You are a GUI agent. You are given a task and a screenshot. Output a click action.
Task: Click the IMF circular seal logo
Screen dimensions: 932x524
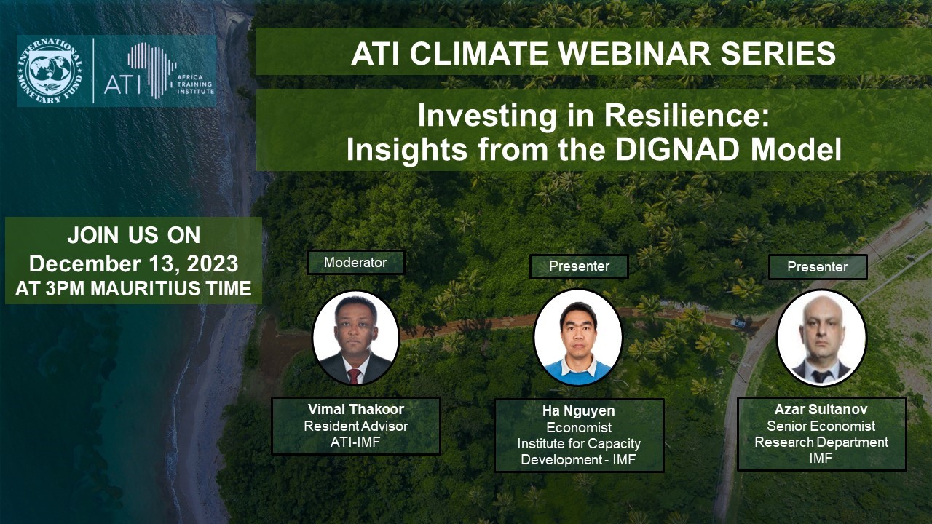(x=50, y=71)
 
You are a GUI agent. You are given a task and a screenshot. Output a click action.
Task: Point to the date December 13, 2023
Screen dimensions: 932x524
(x=133, y=263)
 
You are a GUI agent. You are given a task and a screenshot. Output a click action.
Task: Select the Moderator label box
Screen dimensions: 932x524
(x=356, y=263)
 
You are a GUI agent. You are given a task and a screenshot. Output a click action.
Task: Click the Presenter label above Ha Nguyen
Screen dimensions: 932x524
(x=579, y=266)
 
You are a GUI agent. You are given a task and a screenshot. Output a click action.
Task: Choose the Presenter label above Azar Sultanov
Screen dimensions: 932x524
(x=818, y=267)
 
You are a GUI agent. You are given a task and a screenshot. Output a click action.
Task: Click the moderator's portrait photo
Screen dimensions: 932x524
(x=356, y=337)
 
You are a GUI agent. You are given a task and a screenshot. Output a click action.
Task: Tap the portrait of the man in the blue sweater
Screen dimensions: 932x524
(x=578, y=337)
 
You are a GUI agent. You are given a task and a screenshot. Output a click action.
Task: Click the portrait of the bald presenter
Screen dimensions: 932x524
(x=821, y=338)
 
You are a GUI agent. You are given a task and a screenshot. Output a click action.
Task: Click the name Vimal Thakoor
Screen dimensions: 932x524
(x=356, y=409)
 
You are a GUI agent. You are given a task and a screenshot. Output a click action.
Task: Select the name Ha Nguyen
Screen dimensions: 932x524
(x=579, y=411)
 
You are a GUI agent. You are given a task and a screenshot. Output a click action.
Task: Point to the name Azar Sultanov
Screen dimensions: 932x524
(x=821, y=409)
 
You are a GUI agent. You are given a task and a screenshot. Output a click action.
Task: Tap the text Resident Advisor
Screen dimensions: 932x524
(x=356, y=426)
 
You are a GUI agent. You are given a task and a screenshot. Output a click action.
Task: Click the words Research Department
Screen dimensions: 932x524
(x=821, y=442)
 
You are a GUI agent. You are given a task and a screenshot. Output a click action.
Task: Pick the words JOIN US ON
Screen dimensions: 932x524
(x=133, y=235)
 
